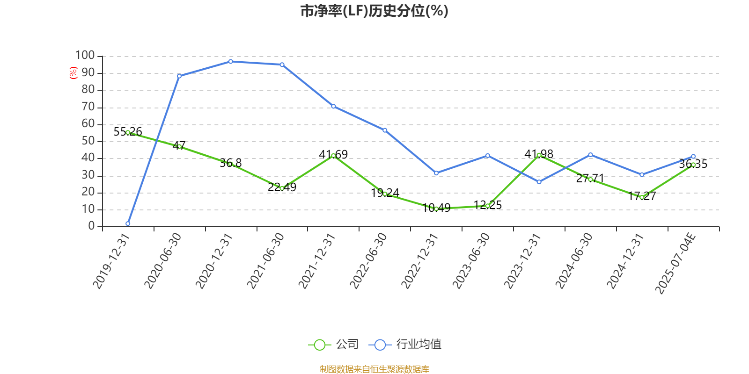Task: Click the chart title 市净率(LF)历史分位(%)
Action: [x=374, y=11]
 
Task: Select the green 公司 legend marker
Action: [x=319, y=345]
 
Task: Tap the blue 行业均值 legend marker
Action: [x=380, y=345]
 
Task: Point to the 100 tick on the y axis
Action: [x=85, y=56]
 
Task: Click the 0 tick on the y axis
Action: [x=91, y=226]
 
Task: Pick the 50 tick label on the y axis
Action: [x=88, y=141]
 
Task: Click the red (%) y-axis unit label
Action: [x=73, y=73]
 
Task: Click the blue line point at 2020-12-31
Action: [x=230, y=61]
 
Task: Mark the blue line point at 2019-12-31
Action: [x=128, y=223]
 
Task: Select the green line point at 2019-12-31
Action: [x=128, y=132]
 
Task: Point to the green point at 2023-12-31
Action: [x=539, y=155]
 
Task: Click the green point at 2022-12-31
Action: [x=436, y=209]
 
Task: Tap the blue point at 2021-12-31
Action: [x=333, y=106]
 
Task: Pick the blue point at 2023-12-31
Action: [x=539, y=182]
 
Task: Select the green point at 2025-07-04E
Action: [x=693, y=165]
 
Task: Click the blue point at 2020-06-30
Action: [x=179, y=76]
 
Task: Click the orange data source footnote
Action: [x=374, y=369]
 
